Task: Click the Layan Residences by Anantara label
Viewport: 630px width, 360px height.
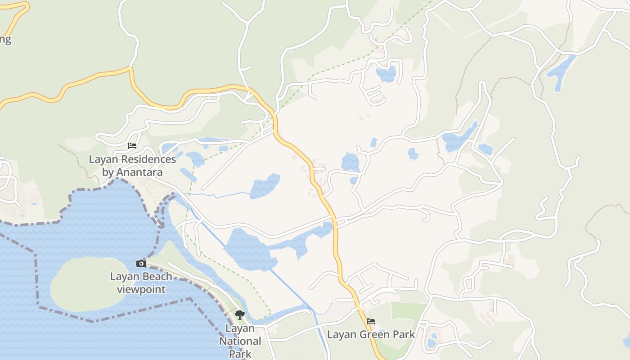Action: point(132,166)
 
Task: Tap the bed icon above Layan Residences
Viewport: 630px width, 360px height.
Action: point(132,146)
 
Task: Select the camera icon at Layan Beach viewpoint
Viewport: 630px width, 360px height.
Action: point(141,263)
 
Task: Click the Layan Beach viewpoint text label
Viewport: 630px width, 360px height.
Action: point(141,283)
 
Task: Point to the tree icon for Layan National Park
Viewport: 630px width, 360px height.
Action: point(240,315)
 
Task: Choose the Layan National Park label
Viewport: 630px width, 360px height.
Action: point(240,341)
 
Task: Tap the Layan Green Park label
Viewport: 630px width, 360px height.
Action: point(371,334)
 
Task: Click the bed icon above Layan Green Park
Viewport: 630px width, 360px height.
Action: point(371,321)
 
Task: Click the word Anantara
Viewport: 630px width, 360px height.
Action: point(140,172)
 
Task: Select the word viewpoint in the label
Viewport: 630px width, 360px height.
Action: point(141,289)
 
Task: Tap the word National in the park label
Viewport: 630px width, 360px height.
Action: point(240,341)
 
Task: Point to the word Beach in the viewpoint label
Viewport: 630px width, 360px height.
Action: point(157,276)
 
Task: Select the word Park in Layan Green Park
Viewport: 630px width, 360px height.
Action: point(404,334)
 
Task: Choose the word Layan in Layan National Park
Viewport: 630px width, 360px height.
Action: point(240,328)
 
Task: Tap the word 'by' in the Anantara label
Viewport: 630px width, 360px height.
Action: point(108,172)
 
